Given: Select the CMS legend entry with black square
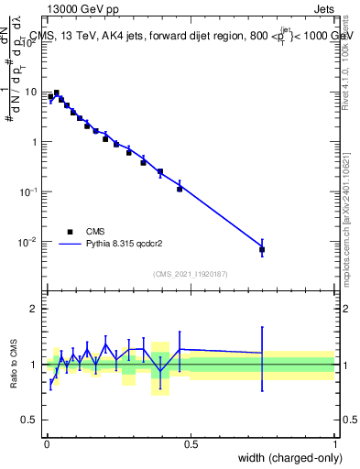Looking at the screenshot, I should [x=70, y=232].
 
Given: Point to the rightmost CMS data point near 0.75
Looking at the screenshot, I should [x=262, y=249].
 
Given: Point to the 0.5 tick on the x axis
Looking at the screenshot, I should [x=191, y=444].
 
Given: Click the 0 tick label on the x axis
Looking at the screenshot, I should [x=47, y=444].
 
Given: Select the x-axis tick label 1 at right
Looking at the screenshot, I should [x=335, y=444].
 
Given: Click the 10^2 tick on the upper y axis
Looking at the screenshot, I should [x=31, y=42].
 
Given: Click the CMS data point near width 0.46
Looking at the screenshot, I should [x=180, y=189].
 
